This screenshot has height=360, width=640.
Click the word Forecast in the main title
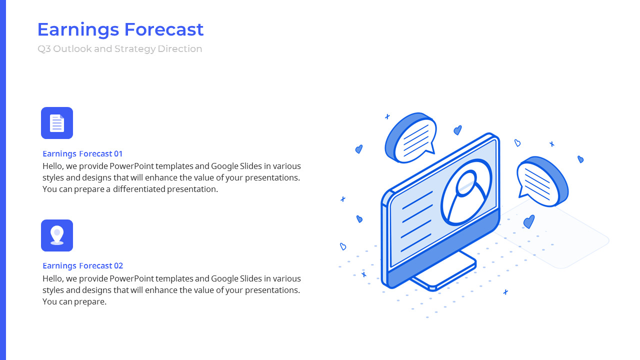click(x=163, y=29)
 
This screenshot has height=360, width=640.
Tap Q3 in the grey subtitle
click(x=44, y=49)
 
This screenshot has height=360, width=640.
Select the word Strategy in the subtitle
click(x=135, y=49)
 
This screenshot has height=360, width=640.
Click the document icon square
click(x=57, y=123)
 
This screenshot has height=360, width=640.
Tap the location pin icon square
click(x=57, y=235)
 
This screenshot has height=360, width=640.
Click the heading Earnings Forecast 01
click(x=82, y=153)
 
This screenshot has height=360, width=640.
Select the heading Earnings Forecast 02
click(x=83, y=265)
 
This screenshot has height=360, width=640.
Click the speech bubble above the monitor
click(x=411, y=137)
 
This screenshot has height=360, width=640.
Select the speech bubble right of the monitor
click(x=542, y=181)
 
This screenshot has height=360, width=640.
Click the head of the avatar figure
click(x=466, y=183)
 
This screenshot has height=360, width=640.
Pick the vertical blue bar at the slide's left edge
click(x=3, y=180)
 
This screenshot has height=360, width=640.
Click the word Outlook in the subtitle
click(x=72, y=49)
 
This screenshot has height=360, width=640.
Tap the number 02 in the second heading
click(x=118, y=265)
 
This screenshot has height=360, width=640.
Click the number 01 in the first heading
click(x=118, y=153)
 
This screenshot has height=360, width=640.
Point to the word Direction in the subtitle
click(x=179, y=49)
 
